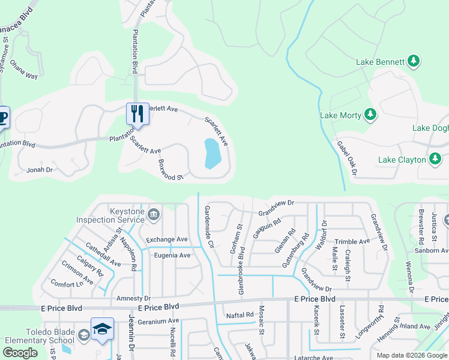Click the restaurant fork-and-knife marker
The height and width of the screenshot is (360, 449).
click(x=137, y=113)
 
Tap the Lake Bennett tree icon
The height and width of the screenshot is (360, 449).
click(x=413, y=61)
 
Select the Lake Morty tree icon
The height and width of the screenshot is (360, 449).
click(x=370, y=115)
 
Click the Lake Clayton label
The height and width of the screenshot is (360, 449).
click(x=402, y=160)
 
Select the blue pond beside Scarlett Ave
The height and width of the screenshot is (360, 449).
click(x=211, y=154)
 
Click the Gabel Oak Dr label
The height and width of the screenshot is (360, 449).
click(x=347, y=159)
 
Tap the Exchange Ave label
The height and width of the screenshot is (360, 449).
click(x=167, y=239)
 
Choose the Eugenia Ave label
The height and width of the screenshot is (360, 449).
click(x=172, y=255)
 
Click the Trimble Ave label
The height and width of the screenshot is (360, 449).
click(x=352, y=241)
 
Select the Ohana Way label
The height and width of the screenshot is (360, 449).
click(x=24, y=76)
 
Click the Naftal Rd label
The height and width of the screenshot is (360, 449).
click(x=240, y=314)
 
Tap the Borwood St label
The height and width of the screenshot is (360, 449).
click(x=170, y=170)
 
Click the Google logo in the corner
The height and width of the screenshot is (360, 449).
click(x=20, y=353)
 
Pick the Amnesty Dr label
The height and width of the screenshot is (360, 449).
click(x=133, y=298)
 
